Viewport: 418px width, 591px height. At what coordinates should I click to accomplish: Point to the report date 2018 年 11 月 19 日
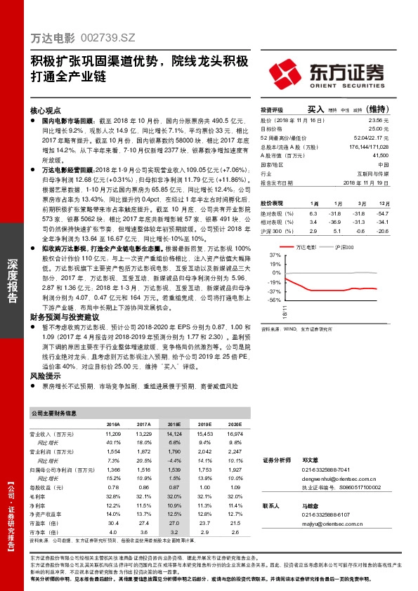coord(366,182)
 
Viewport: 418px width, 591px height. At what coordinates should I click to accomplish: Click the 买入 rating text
coord(315,109)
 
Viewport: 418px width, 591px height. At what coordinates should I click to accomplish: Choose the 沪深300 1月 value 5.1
coord(336,230)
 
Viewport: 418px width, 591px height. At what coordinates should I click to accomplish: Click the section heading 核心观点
coord(46,111)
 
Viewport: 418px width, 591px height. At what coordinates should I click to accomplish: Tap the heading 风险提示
coord(46,376)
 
